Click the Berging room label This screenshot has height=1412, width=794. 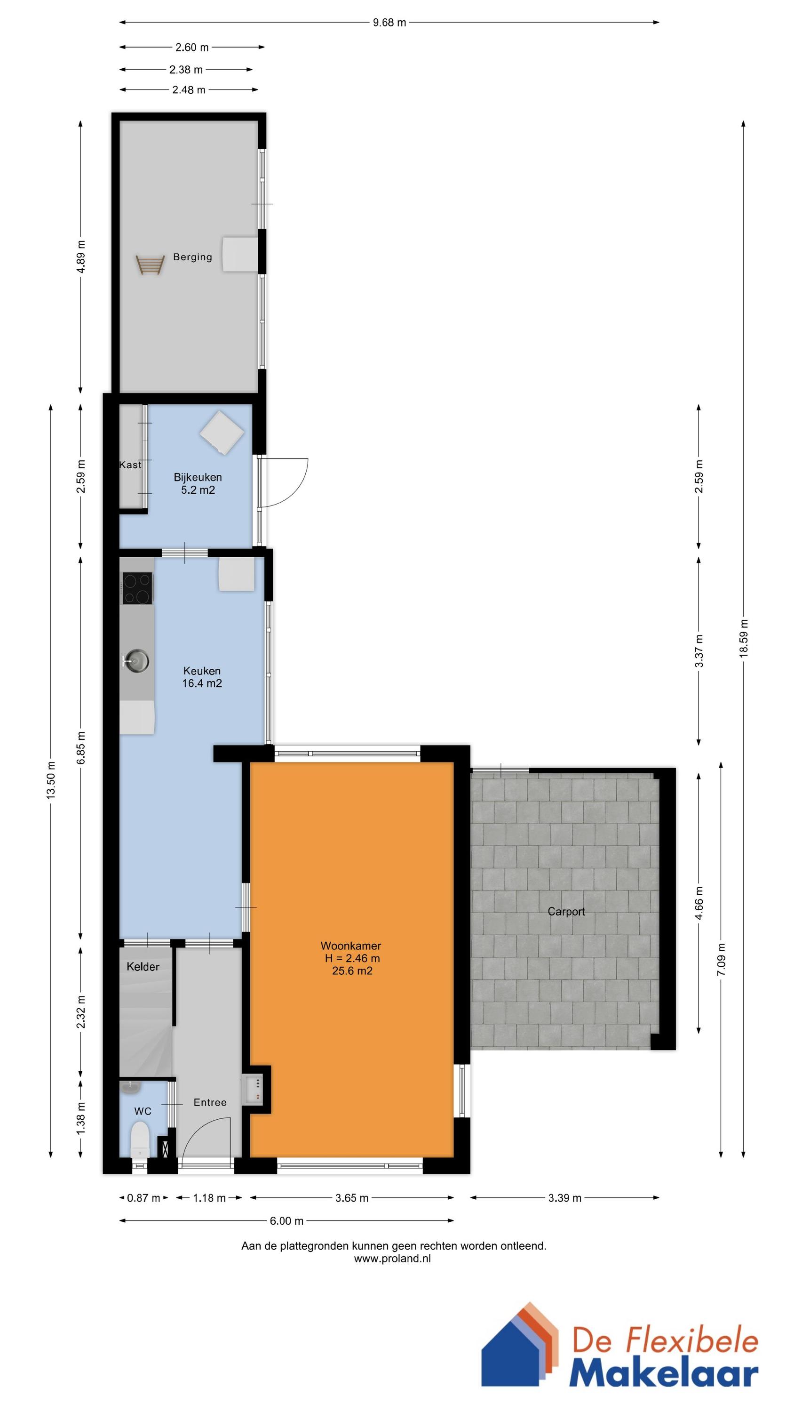(x=192, y=257)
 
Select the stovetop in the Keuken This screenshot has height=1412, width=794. (x=137, y=588)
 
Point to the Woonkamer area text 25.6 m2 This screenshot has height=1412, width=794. (x=352, y=971)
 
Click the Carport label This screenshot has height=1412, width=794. (x=566, y=912)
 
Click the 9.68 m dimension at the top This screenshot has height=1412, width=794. (x=389, y=23)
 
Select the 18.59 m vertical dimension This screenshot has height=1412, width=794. (x=743, y=638)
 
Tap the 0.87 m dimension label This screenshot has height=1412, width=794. (x=143, y=1198)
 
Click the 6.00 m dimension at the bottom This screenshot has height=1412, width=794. (x=286, y=1221)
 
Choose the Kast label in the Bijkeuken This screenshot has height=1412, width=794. (x=130, y=465)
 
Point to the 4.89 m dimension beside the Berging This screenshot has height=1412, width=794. (x=80, y=257)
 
